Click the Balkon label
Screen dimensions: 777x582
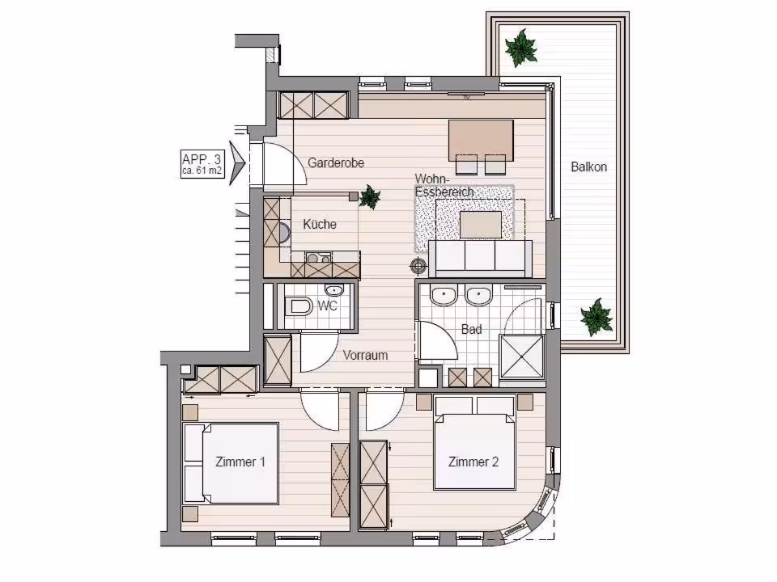coord(588,167)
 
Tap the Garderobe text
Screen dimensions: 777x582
coord(336,162)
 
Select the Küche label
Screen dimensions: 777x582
coord(320,224)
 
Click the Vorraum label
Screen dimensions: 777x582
coord(365,356)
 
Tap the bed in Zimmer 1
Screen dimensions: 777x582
coord(231,463)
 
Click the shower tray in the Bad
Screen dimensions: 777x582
coord(522,356)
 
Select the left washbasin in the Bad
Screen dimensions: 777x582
coord(443,297)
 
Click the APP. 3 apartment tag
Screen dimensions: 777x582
coord(202,164)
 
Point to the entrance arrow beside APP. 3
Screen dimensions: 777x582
coord(237,162)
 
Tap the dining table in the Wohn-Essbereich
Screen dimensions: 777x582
coord(480,140)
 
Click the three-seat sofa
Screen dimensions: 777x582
coord(480,259)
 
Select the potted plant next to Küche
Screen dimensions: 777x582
coord(370,197)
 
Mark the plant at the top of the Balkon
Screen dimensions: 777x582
coord(520,48)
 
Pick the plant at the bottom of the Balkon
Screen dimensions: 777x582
coord(597,317)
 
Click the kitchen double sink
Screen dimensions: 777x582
coord(319,257)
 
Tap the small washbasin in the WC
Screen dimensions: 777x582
coord(334,289)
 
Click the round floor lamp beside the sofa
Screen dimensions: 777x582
coord(418,266)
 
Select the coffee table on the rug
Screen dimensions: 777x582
coord(481,225)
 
